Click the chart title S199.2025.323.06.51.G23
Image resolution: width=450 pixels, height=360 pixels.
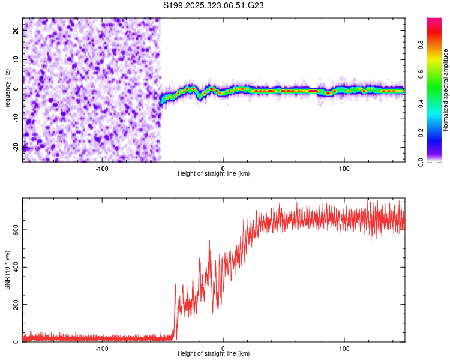click(x=214, y=5)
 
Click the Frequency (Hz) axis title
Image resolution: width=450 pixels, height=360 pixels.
click(x=7, y=89)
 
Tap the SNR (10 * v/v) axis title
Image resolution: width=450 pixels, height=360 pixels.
click(x=7, y=271)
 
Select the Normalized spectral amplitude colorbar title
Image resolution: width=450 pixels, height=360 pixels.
click(x=445, y=90)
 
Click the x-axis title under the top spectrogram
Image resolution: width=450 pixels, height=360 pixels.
click(x=214, y=173)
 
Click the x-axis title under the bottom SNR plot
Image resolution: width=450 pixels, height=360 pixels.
click(x=214, y=353)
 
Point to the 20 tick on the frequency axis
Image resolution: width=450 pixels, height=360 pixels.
click(x=16, y=31)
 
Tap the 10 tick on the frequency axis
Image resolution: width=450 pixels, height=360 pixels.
click(x=16, y=60)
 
